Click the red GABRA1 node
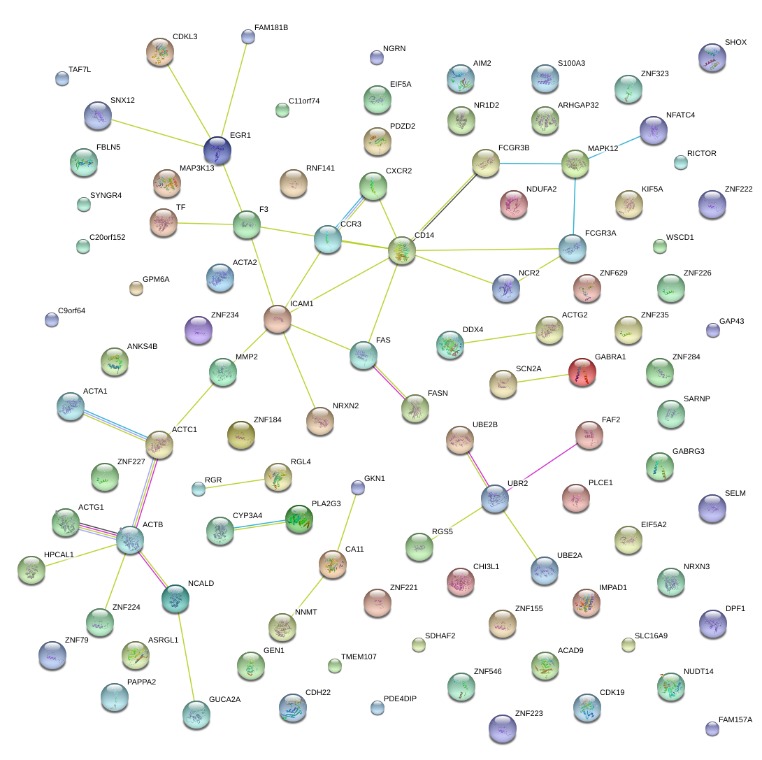[x=582, y=371]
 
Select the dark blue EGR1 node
[x=217, y=150]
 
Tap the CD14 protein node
[x=402, y=250]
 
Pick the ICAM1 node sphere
[x=278, y=319]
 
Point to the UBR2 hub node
[x=495, y=499]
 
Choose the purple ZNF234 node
[x=199, y=330]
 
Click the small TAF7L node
[x=62, y=78]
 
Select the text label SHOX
[x=735, y=43]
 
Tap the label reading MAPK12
[x=603, y=149]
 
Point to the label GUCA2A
[x=224, y=699]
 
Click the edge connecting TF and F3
[x=204, y=224]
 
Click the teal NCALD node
[x=175, y=598]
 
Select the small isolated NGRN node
[x=376, y=57]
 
